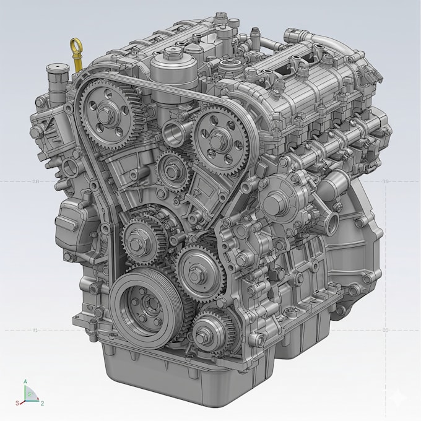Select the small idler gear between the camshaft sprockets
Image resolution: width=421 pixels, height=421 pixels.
(x=170, y=165)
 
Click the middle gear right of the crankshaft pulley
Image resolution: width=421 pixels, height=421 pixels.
(x=197, y=269)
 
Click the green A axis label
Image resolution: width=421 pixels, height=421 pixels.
(x=25, y=382)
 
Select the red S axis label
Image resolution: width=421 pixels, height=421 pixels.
(x=20, y=402)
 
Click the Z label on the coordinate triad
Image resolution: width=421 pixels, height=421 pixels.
(x=41, y=403)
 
